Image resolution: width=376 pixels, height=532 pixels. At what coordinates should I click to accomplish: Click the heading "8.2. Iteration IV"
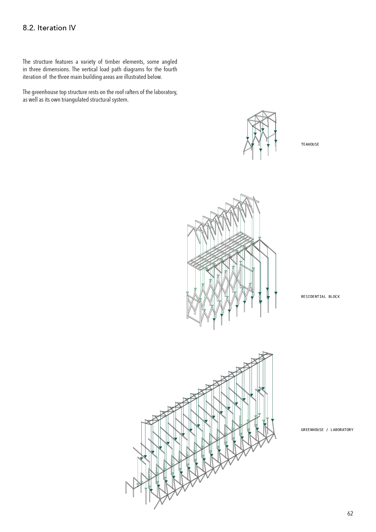coord(49,28)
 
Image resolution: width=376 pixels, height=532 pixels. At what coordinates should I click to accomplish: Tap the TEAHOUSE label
coord(310,144)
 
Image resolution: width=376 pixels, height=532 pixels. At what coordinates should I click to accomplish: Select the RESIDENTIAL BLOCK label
coord(320,297)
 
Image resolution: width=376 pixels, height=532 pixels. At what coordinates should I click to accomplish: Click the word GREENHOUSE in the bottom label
coord(312,430)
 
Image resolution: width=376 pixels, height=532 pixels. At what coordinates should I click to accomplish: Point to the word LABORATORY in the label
coord(342,430)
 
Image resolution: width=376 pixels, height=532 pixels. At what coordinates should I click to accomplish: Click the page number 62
coord(350,513)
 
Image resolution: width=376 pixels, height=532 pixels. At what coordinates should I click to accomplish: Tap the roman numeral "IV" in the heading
coord(72,28)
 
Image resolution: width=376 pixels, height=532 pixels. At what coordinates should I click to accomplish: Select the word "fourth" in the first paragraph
coord(170,69)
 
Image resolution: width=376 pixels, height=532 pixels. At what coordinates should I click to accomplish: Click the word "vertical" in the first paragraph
coord(89,69)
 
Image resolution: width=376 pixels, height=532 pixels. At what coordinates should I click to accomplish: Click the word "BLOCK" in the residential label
coord(334,297)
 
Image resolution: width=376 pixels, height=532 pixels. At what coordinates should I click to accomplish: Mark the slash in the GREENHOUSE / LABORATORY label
coord(327,430)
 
